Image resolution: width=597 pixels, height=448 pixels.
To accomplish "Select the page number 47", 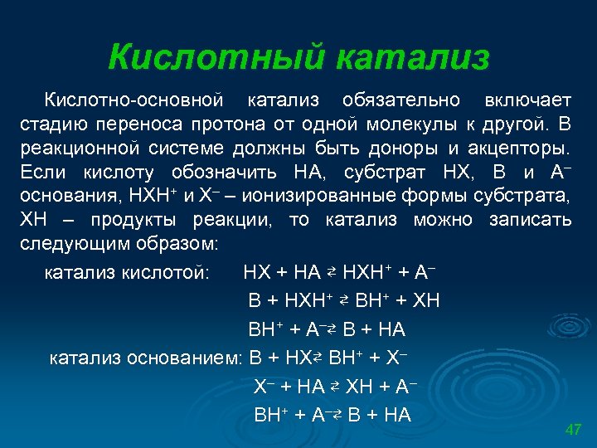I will tap(572, 429).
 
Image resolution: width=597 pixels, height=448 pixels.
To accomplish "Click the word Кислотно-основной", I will tap(133, 100).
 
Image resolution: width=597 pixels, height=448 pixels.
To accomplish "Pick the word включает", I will tap(527, 100).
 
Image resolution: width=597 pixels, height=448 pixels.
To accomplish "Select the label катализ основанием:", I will tap(145, 358).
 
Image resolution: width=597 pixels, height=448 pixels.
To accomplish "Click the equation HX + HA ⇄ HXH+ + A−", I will tap(340, 273).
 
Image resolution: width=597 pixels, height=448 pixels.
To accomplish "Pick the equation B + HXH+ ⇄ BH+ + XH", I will tap(344, 300).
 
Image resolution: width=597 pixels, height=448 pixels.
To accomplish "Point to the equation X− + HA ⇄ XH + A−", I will tap(334, 387).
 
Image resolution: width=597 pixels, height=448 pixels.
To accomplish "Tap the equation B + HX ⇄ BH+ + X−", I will tap(328, 358).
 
